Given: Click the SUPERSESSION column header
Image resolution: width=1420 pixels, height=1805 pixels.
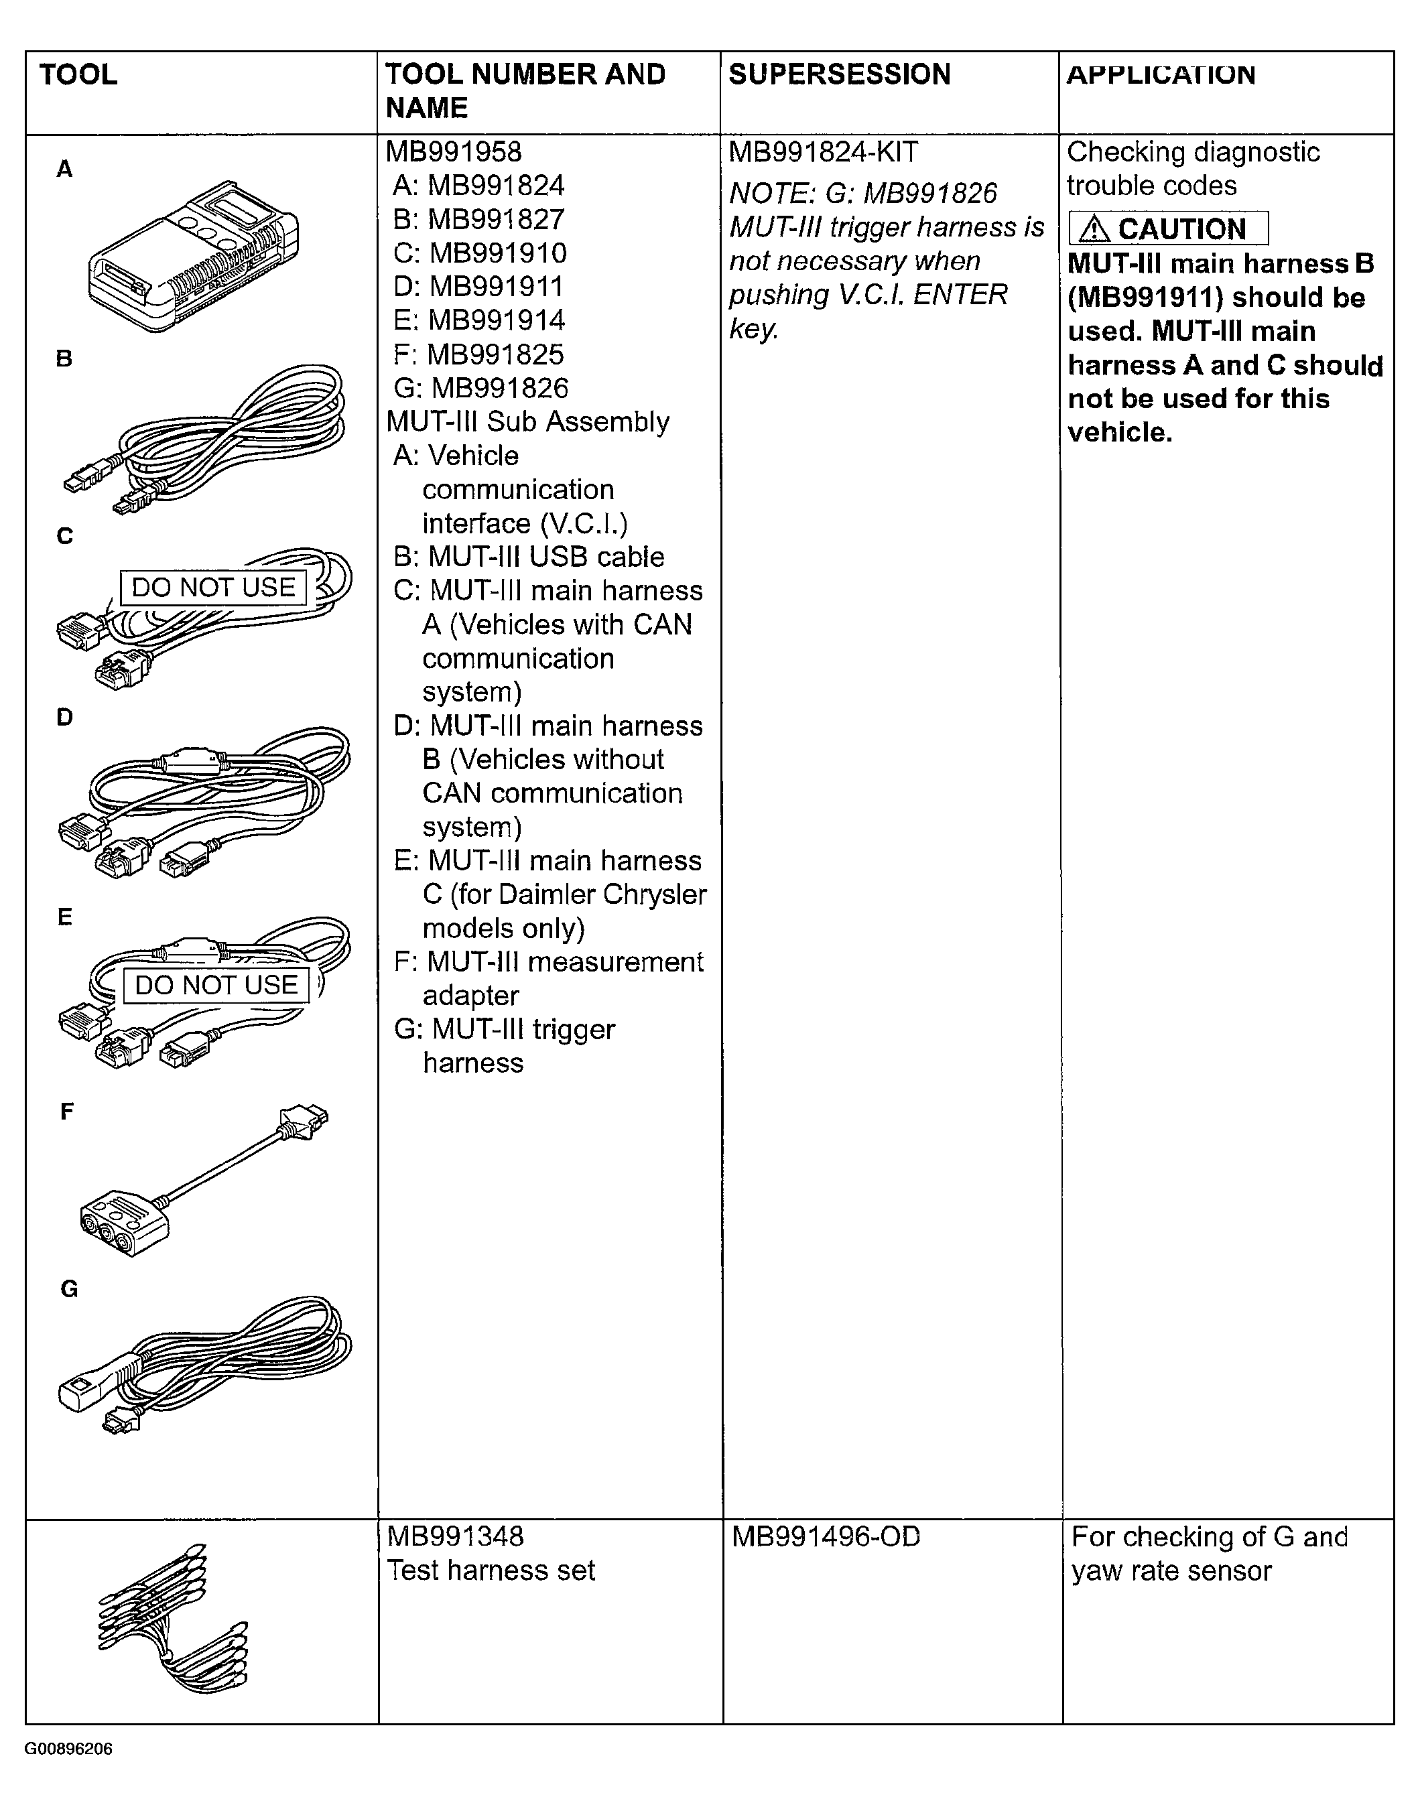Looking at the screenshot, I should coord(839,74).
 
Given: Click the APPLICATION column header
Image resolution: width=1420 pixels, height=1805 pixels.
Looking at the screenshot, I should coord(1161,74).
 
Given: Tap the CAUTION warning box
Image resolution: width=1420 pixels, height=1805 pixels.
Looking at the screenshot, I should coord(1168,228).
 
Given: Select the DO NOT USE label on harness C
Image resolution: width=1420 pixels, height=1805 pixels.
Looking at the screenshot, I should coord(214,588).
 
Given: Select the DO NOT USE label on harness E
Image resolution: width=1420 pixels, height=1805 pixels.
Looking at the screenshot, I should coord(216,986).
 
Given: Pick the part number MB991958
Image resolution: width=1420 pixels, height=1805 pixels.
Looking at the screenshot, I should coord(454,152).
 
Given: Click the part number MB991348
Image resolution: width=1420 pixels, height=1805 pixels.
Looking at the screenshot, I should coord(455,1536).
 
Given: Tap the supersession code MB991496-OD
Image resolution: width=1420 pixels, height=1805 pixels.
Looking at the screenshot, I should coord(826,1536).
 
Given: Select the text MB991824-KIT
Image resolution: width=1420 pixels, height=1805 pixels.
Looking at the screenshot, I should coord(823,152).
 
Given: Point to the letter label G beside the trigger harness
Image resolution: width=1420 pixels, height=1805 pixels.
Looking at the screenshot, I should coord(69,1289).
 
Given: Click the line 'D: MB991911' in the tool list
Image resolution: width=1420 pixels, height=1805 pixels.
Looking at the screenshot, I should coord(479,287).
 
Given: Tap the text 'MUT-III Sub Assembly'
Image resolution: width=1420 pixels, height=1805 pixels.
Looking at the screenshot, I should coord(528,422).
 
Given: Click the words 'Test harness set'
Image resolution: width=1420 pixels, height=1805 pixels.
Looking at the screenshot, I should coord(491,1570).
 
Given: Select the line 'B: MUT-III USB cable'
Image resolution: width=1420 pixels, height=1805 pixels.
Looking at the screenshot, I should coord(529,557).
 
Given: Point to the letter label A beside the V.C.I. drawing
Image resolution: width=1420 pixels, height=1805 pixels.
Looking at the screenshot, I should coord(64,170).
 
